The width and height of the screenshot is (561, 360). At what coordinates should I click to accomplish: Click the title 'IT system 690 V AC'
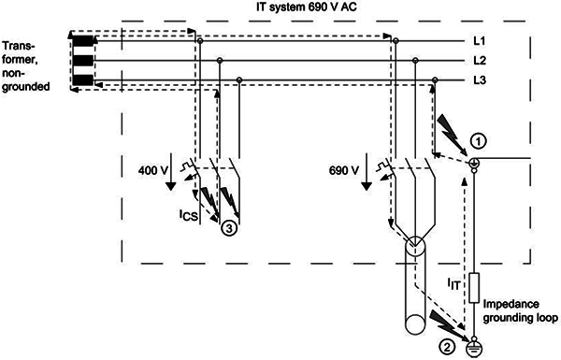[307, 7]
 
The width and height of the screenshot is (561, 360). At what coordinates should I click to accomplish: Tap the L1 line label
[480, 41]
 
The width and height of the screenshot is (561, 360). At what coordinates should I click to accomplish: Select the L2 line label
[480, 61]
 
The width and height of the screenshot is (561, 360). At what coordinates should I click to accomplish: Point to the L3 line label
[480, 80]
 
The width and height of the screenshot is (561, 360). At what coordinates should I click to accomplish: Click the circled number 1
[479, 142]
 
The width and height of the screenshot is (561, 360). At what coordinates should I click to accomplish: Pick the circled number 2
[446, 347]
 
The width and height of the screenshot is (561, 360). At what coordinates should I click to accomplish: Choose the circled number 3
[229, 227]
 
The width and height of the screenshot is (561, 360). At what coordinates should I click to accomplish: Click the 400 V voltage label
[153, 170]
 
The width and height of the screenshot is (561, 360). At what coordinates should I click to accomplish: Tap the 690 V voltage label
[344, 170]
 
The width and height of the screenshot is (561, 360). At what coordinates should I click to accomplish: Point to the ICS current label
[189, 215]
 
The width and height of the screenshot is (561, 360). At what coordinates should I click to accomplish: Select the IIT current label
[453, 284]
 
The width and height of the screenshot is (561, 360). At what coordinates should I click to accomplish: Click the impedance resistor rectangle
[474, 288]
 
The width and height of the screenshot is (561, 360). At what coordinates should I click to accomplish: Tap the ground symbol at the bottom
[474, 348]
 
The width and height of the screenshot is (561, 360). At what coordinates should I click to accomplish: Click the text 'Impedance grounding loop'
[520, 311]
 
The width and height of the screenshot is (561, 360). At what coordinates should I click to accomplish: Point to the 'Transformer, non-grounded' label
[26, 66]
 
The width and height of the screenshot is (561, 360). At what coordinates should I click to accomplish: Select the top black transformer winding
[83, 41]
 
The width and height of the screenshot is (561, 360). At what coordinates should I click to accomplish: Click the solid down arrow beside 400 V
[171, 172]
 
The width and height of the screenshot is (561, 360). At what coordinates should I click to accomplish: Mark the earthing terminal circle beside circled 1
[474, 164]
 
